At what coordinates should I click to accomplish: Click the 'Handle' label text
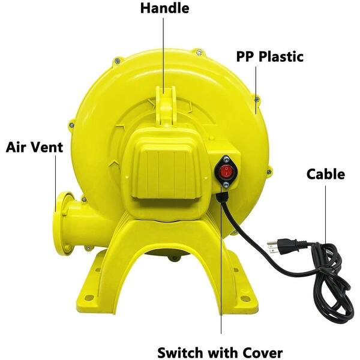[x=164, y=8]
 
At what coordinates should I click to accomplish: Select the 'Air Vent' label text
[x=35, y=147]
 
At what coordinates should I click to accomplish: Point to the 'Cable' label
[x=326, y=175]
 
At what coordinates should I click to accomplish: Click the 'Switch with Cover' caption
[x=220, y=352]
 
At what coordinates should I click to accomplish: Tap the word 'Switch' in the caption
[x=178, y=352]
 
